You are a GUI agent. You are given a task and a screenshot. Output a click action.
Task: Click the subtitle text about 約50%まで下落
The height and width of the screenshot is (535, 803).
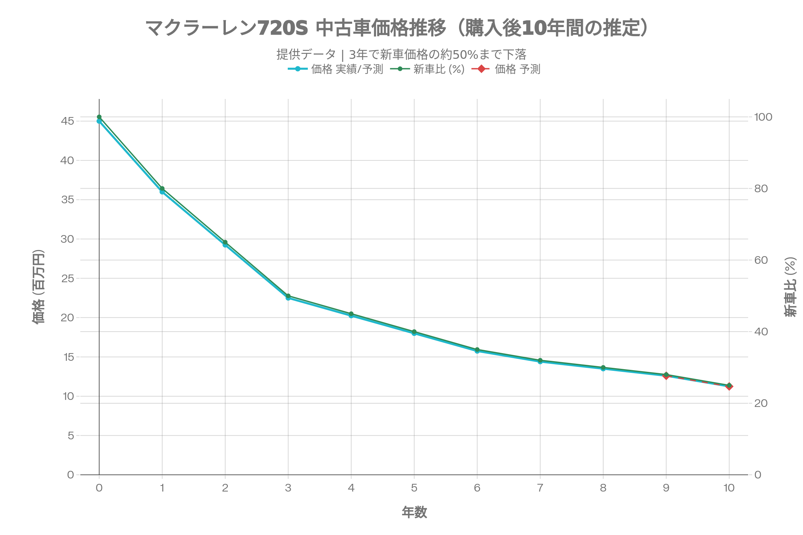[401, 54]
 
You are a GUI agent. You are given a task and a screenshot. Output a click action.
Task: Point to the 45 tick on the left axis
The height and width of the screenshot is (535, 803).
[67, 121]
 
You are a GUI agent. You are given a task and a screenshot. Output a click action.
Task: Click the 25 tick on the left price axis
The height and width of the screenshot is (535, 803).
[67, 279]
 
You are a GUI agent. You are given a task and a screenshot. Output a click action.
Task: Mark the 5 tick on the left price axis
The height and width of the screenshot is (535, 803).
[71, 436]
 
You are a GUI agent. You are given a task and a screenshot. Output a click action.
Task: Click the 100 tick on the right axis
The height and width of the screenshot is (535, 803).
[763, 117]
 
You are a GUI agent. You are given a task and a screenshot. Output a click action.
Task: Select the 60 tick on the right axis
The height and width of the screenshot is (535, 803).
[761, 260]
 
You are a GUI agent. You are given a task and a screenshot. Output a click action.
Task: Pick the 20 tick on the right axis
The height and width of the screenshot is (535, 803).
[761, 403]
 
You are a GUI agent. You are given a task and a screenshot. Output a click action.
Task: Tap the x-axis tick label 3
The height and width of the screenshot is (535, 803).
[288, 488]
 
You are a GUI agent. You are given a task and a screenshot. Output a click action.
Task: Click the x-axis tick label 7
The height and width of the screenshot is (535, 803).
[540, 488]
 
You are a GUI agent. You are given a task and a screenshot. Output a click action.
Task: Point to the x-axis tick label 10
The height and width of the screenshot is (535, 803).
[729, 488]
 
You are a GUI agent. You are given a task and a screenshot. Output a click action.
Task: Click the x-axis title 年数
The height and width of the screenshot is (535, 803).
[414, 512]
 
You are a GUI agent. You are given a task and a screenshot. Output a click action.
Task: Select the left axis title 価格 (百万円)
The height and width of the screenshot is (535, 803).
[38, 287]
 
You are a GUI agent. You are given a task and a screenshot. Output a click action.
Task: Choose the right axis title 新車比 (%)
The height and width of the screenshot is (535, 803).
[790, 287]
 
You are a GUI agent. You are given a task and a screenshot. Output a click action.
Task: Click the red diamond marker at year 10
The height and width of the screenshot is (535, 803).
[729, 386]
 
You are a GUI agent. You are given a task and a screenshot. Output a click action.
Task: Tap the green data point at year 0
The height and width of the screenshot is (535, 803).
[99, 117]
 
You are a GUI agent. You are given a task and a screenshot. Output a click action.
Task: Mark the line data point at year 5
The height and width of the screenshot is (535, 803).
[414, 333]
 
